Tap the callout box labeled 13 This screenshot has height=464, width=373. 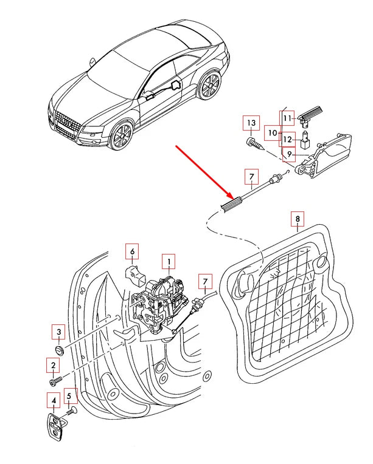pos(250,123)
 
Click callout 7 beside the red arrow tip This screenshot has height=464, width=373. pos(249,177)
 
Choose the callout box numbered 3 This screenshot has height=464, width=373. pos(58,332)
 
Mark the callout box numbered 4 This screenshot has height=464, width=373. pos(54,401)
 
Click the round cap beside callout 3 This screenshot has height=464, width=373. pos(59,351)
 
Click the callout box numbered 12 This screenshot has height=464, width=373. pos(288,139)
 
